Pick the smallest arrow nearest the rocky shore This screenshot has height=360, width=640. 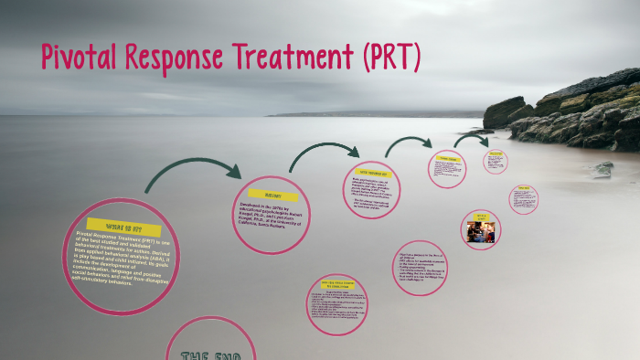tap(472, 140)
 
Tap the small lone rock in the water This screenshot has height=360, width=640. tap(603, 169)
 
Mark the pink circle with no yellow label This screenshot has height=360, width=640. tap(422, 273)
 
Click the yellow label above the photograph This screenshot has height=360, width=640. tap(481, 217)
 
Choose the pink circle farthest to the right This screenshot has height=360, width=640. tap(523, 199)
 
